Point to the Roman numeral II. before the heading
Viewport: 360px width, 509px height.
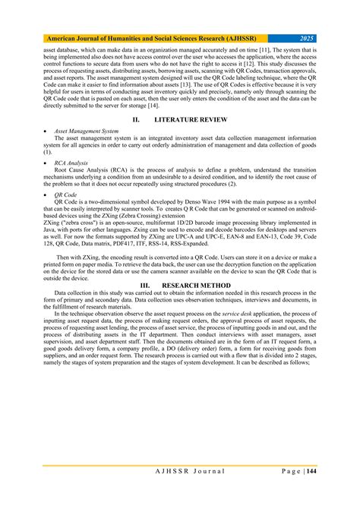136,121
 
